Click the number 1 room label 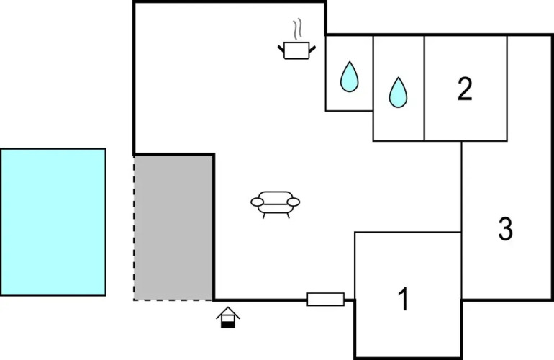coord(404,298)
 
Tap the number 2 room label coord(465,89)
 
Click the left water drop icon coord(349,76)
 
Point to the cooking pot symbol coord(296,50)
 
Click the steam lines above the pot coord(296,31)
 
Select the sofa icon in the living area coord(275,203)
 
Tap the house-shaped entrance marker coord(228,317)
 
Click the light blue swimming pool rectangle coord(53,222)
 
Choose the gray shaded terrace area coord(173,227)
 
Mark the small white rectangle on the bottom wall coord(325,299)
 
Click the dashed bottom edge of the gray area coord(173,300)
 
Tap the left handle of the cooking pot coord(281,48)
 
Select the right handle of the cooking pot coord(312,48)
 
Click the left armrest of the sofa coord(255,203)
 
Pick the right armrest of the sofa coord(295,203)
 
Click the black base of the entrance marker coord(228,324)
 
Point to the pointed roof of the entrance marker coord(228,310)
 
